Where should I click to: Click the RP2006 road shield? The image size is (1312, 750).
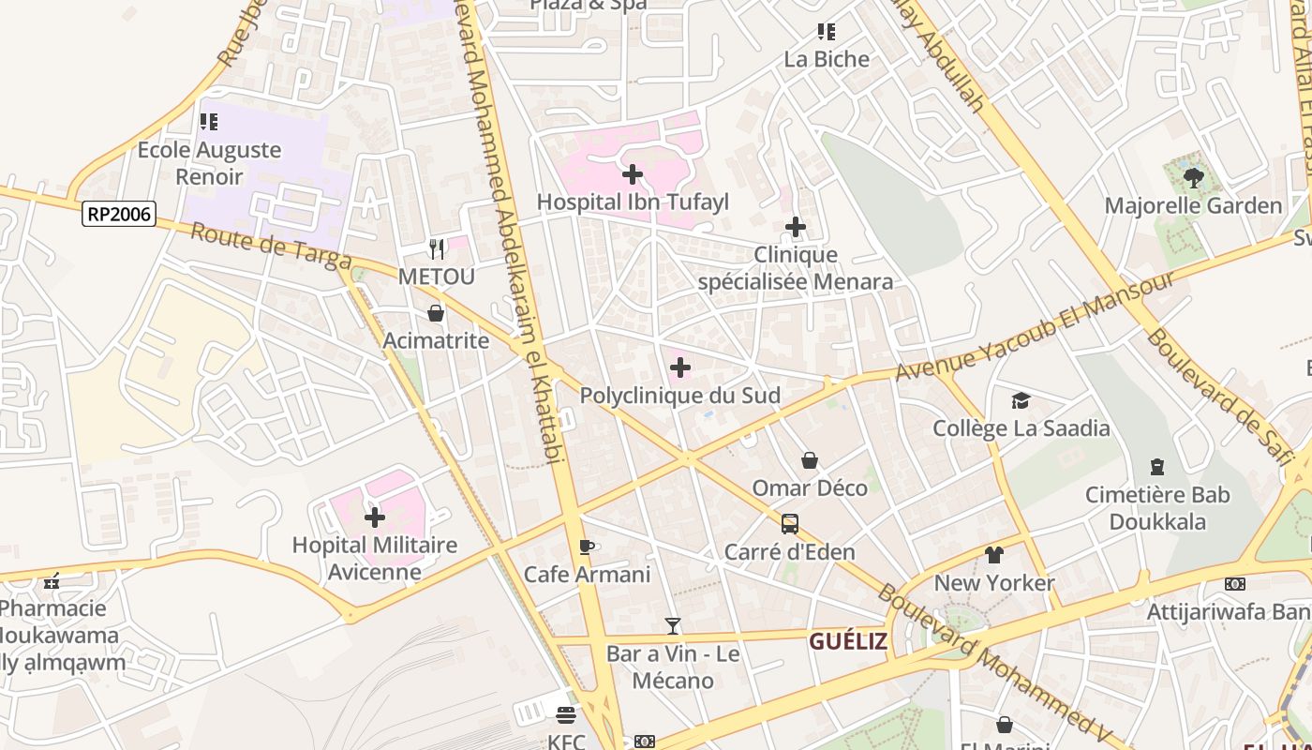click(119, 214)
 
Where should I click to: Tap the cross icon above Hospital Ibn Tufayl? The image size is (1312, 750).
click(633, 174)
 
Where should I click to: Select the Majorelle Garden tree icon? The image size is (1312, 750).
click(1193, 178)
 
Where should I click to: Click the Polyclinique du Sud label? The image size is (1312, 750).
click(679, 396)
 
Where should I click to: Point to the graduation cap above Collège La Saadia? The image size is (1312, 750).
click(1021, 401)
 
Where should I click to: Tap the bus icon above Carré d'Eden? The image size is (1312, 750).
click(790, 523)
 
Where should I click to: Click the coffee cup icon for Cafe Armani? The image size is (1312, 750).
click(587, 547)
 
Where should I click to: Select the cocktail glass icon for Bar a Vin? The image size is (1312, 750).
click(672, 625)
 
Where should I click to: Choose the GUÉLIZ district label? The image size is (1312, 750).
click(848, 641)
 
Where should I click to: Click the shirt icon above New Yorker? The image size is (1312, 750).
click(994, 555)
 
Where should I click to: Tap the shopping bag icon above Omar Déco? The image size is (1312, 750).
click(810, 460)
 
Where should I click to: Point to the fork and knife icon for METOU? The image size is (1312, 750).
click(437, 248)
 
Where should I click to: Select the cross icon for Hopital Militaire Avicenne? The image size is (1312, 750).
click(375, 517)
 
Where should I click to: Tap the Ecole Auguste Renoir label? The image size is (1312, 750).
click(222, 163)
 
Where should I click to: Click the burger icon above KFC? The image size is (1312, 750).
click(566, 715)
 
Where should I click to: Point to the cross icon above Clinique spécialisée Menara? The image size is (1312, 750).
click(795, 227)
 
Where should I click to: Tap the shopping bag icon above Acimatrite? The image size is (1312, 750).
click(436, 313)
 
